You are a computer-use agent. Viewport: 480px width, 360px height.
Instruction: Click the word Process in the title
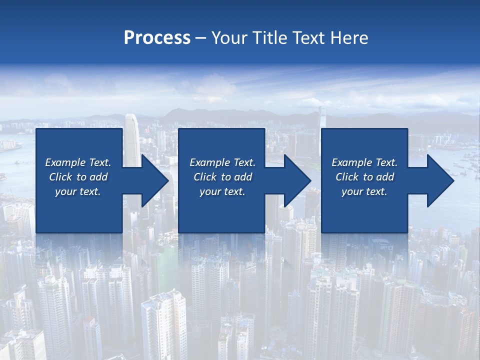point(157,38)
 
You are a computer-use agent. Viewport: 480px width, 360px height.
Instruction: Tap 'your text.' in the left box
point(78,191)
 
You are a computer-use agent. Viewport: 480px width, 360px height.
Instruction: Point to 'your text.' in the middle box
point(222,191)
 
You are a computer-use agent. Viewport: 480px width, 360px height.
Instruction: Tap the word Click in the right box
point(347,177)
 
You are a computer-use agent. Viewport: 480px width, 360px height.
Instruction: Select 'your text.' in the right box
point(364,191)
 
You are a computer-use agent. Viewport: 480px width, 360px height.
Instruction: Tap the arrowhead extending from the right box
point(440,180)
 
